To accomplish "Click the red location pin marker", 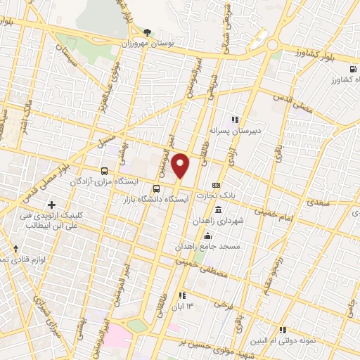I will pyautogui.click(x=181, y=166).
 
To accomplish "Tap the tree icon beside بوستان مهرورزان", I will pyautogui.click(x=147, y=32).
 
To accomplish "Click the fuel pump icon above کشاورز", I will pyautogui.click(x=351, y=69).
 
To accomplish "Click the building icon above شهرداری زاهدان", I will pyautogui.click(x=218, y=210).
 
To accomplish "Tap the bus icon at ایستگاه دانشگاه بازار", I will pyautogui.click(x=157, y=188).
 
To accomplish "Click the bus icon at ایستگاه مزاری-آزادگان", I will pyautogui.click(x=104, y=170).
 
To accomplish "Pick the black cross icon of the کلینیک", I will pyautogui.click(x=51, y=204).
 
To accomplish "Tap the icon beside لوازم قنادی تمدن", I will pyautogui.click(x=15, y=249).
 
